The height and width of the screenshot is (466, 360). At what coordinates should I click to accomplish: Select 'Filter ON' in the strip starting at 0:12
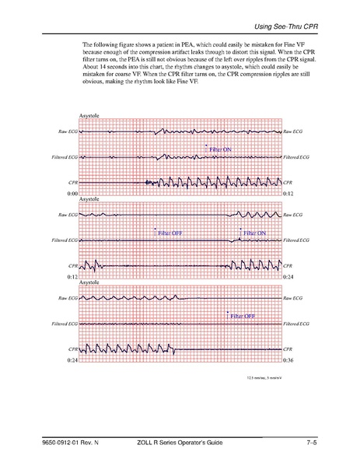tap(255, 233)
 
